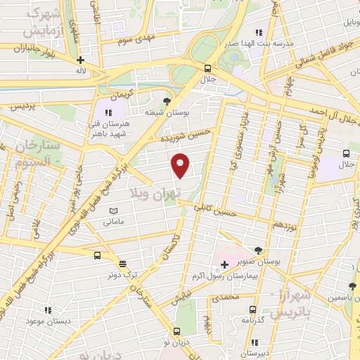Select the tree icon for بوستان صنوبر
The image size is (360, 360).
point(259,250)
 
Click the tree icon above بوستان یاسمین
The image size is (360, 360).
point(351,285)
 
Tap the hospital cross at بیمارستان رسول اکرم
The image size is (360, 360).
point(224,265)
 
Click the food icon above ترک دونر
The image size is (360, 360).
point(122,264)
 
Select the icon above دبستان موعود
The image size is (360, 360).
point(48,309)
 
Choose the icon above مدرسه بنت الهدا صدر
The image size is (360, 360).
point(259,32)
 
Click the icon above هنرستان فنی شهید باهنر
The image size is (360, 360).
point(108,112)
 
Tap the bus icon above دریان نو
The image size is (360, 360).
point(177,331)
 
